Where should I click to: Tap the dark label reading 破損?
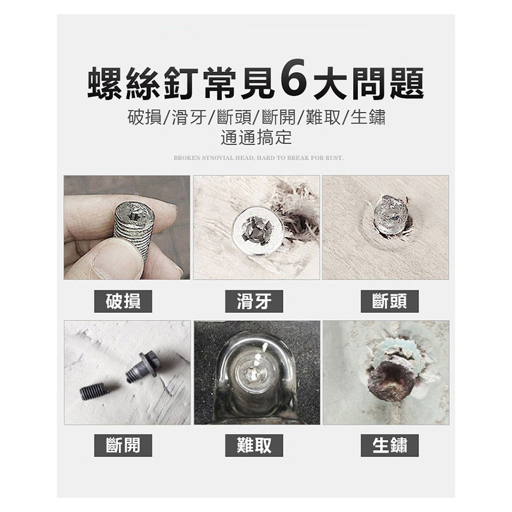123,301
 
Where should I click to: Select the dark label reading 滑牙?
254,301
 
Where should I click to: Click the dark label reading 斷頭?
390,301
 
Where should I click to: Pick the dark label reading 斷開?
123,445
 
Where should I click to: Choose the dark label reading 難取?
254,445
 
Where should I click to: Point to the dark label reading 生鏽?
390,445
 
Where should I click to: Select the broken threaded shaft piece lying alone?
94,390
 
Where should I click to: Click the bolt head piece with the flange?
144,365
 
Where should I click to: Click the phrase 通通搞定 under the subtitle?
256,137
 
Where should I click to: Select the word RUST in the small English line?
335,158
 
